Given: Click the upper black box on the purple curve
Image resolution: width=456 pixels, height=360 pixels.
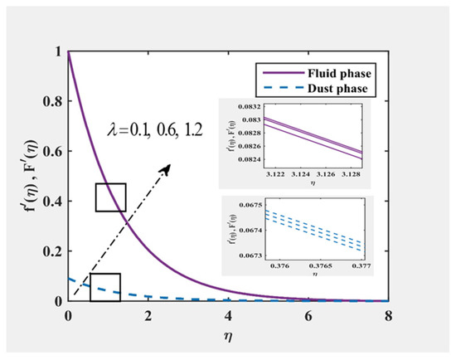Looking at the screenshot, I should pos(110,197).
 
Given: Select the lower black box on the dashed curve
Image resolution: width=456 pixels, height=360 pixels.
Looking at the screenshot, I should pos(105,287).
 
